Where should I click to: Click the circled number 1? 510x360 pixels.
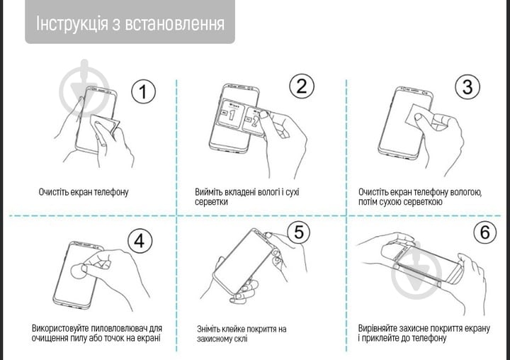(x=144, y=92)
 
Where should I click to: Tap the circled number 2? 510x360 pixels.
(x=302, y=87)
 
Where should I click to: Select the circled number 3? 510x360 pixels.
(x=467, y=87)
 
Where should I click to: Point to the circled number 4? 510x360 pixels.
(x=140, y=241)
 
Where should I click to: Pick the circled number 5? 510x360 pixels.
(x=299, y=232)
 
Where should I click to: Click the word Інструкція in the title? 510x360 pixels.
(x=72, y=23)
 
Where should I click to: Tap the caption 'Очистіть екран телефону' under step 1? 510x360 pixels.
(x=84, y=192)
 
